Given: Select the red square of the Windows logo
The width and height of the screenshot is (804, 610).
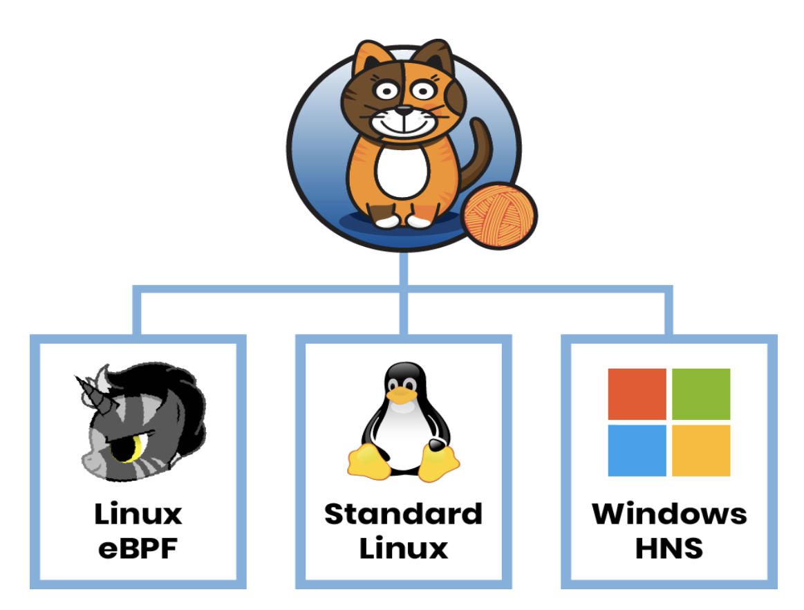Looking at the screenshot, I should click(637, 394).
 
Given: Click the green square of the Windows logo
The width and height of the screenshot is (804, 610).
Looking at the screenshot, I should click(701, 394).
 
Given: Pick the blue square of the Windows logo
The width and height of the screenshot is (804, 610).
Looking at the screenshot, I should click(637, 450).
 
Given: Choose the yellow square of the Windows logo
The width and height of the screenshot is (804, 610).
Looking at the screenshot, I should click(701, 450).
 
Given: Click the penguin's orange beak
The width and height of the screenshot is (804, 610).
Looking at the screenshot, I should click(400, 394).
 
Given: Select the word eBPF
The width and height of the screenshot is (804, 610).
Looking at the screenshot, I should click(138, 548).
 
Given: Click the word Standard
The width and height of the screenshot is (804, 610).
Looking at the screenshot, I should click(403, 515).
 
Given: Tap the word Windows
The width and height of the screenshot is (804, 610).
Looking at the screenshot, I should click(669, 515).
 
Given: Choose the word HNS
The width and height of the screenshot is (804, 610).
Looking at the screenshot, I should click(669, 548).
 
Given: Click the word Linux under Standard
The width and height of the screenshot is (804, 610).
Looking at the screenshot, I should click(403, 548).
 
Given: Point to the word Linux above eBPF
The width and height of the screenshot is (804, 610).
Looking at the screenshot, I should click(138, 515).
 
